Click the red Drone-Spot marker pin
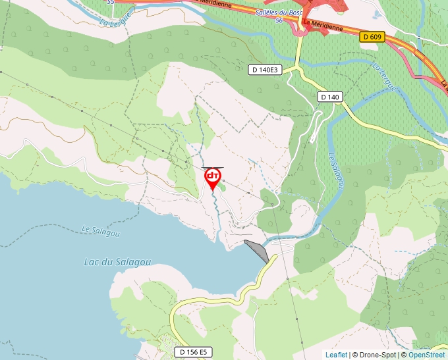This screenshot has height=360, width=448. [212, 177]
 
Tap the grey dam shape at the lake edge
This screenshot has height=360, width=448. [256, 250]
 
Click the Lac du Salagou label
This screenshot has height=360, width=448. [117, 262]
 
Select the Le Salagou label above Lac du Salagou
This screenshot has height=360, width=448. [97, 230]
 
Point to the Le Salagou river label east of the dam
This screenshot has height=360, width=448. [335, 171]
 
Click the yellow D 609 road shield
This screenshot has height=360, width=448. [372, 38]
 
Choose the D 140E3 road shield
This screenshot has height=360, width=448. [266, 69]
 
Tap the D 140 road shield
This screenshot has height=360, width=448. [330, 97]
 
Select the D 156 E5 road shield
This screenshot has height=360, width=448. [194, 352]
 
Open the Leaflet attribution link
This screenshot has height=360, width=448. [336, 355]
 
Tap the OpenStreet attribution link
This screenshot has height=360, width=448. [426, 355]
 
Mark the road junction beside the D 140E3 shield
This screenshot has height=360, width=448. [298, 67]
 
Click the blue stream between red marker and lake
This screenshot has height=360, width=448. [215, 211]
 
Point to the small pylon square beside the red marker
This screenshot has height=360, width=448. [223, 180]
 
